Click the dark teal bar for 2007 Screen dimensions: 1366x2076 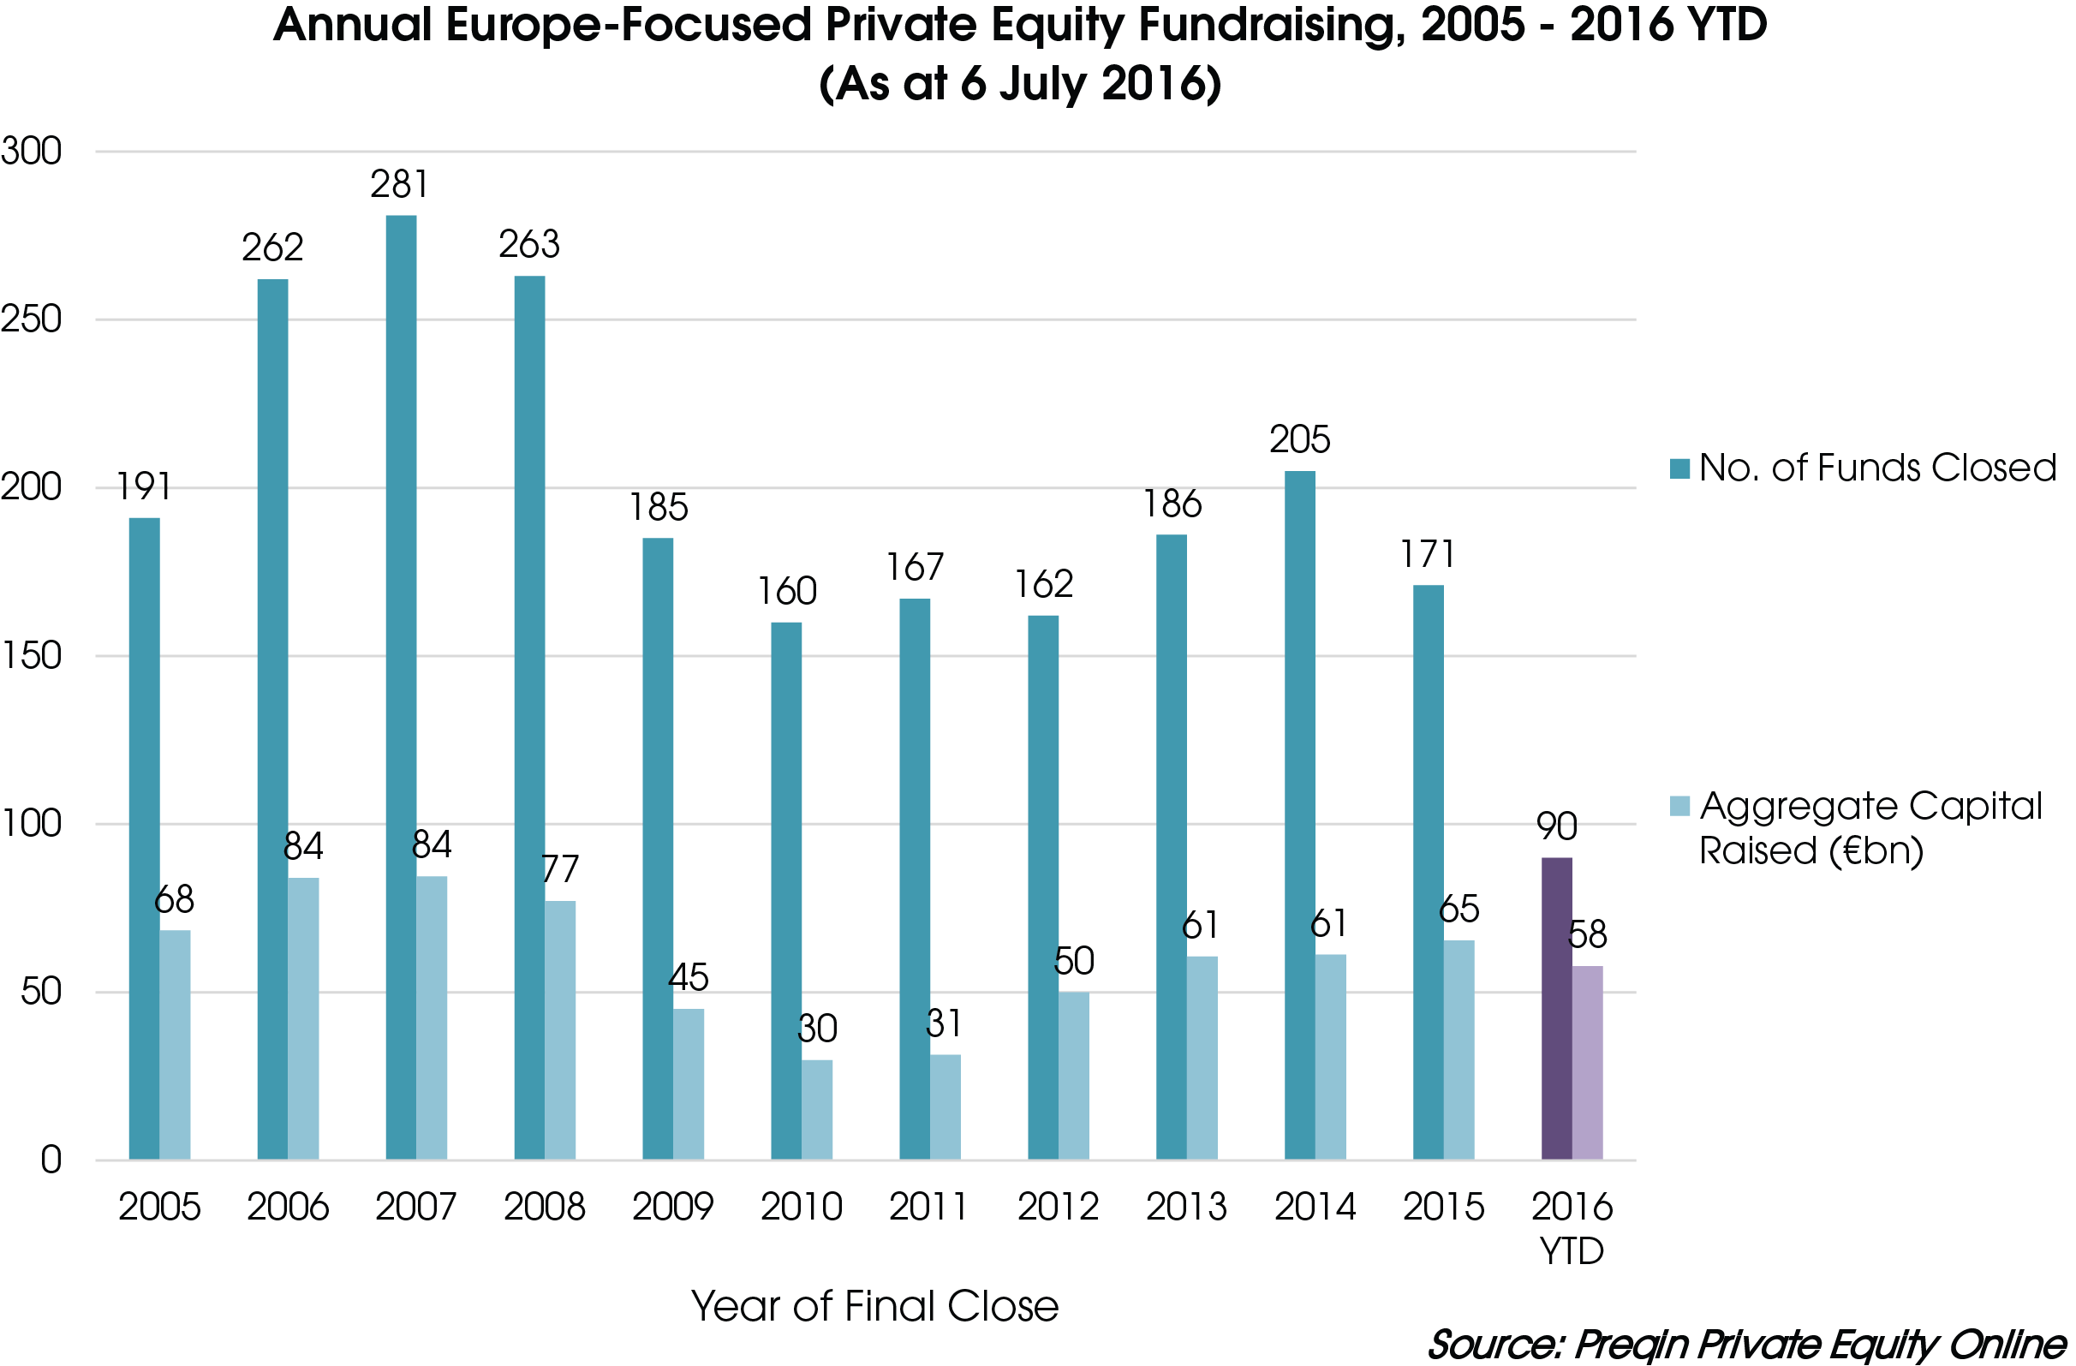pyautogui.click(x=402, y=689)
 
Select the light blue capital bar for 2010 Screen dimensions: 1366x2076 pyautogui.click(x=817, y=1110)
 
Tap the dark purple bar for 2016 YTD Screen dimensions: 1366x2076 pyautogui.click(x=1557, y=1009)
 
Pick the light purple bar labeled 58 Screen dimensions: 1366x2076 pyautogui.click(x=1588, y=1063)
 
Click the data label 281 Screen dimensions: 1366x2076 pyautogui.click(x=399, y=185)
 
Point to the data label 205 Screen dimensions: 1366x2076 pyautogui.click(x=1300, y=439)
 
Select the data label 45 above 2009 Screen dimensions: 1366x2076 pyautogui.click(x=689, y=978)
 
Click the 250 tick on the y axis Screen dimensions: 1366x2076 pyautogui.click(x=32, y=319)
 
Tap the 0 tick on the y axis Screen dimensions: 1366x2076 pyautogui.click(x=51, y=1160)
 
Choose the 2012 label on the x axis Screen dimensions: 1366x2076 pyautogui.click(x=1058, y=1208)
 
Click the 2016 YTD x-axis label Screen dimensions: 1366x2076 pyautogui.click(x=1572, y=1228)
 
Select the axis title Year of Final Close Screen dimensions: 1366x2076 pyautogui.click(x=874, y=1306)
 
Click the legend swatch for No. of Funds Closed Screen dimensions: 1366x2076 pyautogui.click(x=1679, y=468)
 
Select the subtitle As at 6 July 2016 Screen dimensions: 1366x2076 pyautogui.click(x=1020, y=85)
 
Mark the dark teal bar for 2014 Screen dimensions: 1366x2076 pyautogui.click(x=1300, y=815)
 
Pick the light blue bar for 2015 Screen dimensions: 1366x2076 pyautogui.click(x=1459, y=1050)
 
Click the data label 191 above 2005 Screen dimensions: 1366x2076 pyautogui.click(x=144, y=486)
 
